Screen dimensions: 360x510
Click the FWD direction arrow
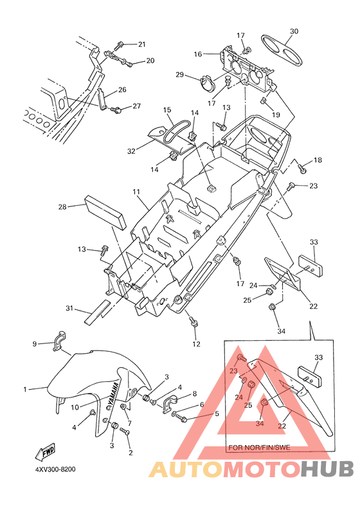point(46,451)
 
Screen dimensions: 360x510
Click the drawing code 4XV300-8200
point(55,469)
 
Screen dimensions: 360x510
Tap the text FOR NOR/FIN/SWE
point(259,448)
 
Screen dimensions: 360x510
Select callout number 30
point(294,32)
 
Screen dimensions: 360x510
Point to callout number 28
point(62,206)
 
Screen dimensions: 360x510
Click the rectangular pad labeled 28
point(105,212)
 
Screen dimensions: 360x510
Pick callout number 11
point(136,192)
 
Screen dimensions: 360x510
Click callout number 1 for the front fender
point(25,389)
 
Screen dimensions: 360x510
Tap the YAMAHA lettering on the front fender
point(114,395)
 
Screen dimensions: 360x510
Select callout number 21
point(142,44)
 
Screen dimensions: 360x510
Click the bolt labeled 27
point(116,110)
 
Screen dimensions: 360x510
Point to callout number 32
point(131,151)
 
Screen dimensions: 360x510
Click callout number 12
point(197,344)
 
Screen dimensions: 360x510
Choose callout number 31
point(69,307)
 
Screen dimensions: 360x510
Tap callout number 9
point(35,344)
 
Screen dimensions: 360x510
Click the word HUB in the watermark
point(327,469)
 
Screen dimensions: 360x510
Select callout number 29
point(179,75)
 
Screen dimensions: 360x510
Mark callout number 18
point(318,159)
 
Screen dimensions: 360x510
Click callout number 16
point(198,54)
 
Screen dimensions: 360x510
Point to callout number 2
point(130,452)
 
